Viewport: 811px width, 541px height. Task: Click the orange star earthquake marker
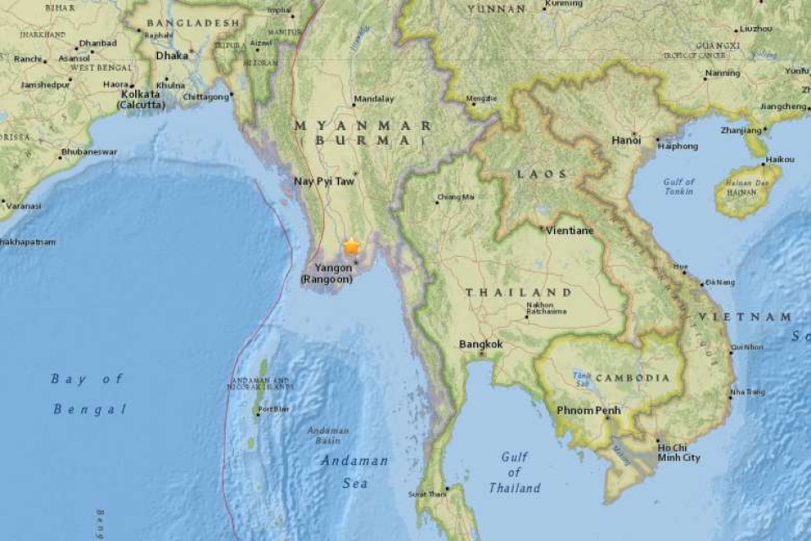tap(351, 247)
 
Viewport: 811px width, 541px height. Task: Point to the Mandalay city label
tap(373, 99)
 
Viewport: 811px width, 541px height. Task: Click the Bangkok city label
tap(480, 344)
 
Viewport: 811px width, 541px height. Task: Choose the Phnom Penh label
tap(589, 411)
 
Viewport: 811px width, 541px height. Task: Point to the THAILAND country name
tap(518, 292)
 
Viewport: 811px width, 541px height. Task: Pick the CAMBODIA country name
tap(640, 378)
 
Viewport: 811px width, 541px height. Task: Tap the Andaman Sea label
tap(355, 472)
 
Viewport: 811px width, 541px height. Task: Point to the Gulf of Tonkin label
tap(678, 187)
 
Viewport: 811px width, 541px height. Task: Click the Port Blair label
tap(274, 409)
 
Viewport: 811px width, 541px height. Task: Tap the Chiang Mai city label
tap(456, 198)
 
